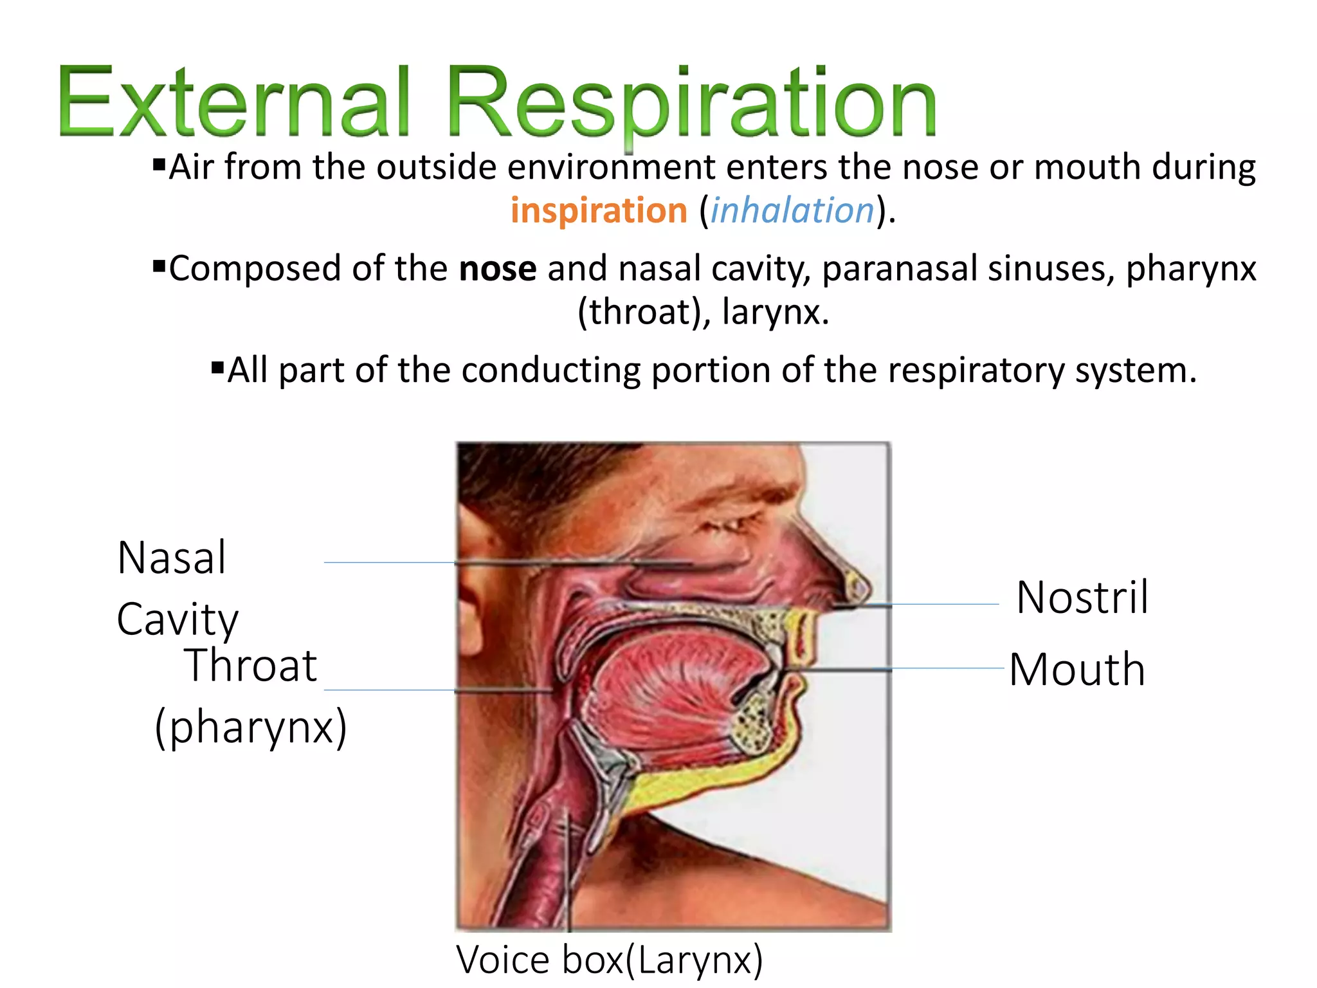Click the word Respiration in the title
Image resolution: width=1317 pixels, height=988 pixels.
tap(691, 103)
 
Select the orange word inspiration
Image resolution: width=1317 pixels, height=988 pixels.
tap(599, 210)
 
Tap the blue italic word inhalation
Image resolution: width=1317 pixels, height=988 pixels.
tap(792, 210)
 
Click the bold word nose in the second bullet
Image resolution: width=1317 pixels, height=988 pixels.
tap(498, 268)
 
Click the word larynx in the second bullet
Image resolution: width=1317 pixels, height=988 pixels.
tap(772, 312)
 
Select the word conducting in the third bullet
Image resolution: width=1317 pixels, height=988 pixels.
tap(550, 370)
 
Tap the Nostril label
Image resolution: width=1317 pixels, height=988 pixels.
tap(1082, 598)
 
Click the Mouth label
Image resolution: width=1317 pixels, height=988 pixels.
tap(1077, 670)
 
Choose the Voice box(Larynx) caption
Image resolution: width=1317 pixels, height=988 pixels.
tap(610, 959)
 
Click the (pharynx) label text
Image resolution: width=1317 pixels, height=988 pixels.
tap(251, 727)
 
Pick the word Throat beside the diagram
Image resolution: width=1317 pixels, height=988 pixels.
tap(251, 665)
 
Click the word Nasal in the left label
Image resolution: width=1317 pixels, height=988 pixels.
tap(172, 557)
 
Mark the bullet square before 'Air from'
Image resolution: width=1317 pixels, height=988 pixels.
tap(159, 165)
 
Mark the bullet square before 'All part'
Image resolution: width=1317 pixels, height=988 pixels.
tap(217, 369)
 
